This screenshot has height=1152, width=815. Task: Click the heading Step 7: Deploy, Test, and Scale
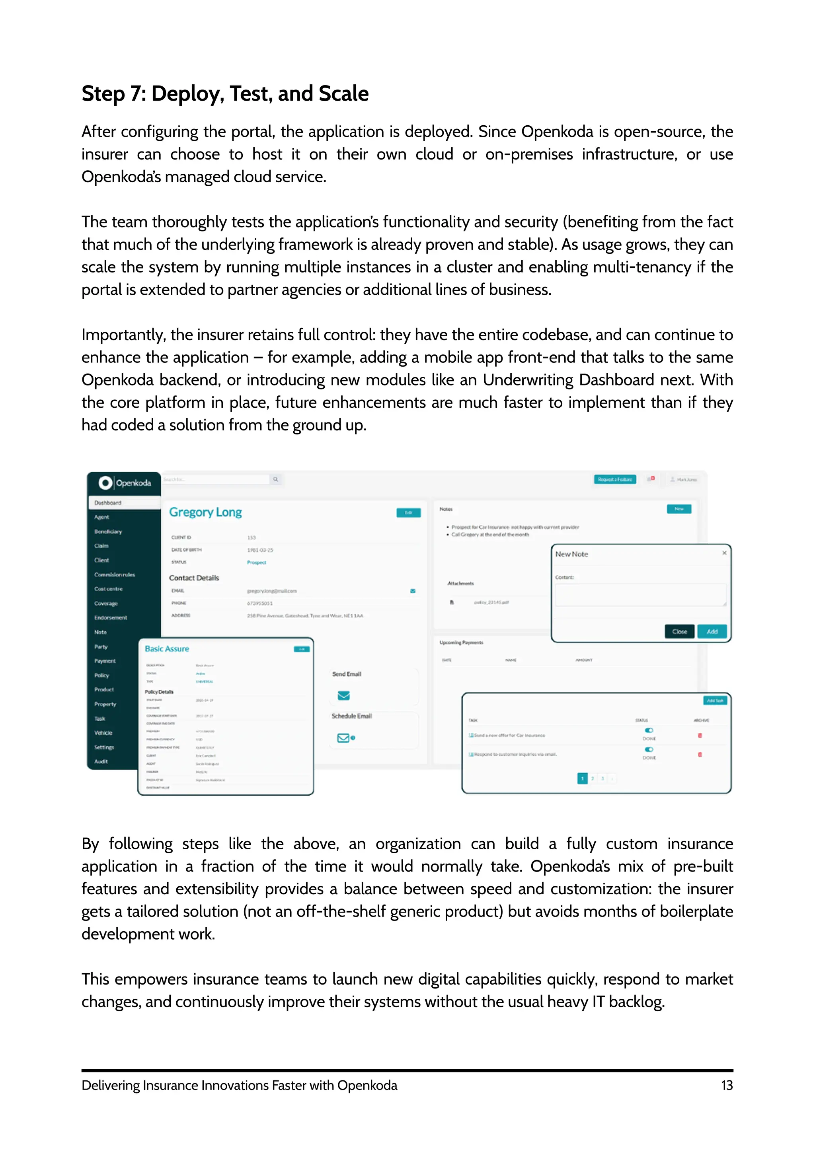(x=225, y=94)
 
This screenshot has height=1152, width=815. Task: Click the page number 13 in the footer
(x=727, y=1085)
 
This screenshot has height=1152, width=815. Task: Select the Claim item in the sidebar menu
(x=101, y=546)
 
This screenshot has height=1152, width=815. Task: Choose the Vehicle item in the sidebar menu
(x=103, y=733)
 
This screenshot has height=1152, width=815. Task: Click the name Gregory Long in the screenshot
(x=205, y=512)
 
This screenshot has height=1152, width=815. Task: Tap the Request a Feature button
(x=615, y=480)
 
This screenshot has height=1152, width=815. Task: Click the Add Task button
(x=715, y=701)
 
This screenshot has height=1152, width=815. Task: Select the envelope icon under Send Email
(x=344, y=695)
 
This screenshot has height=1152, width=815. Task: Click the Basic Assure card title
(x=167, y=649)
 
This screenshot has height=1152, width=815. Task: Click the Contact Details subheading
(x=194, y=578)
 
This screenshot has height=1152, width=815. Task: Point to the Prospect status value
(x=256, y=562)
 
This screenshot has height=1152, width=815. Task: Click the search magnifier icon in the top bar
(x=275, y=480)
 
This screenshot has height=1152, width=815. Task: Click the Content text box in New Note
(x=640, y=595)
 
